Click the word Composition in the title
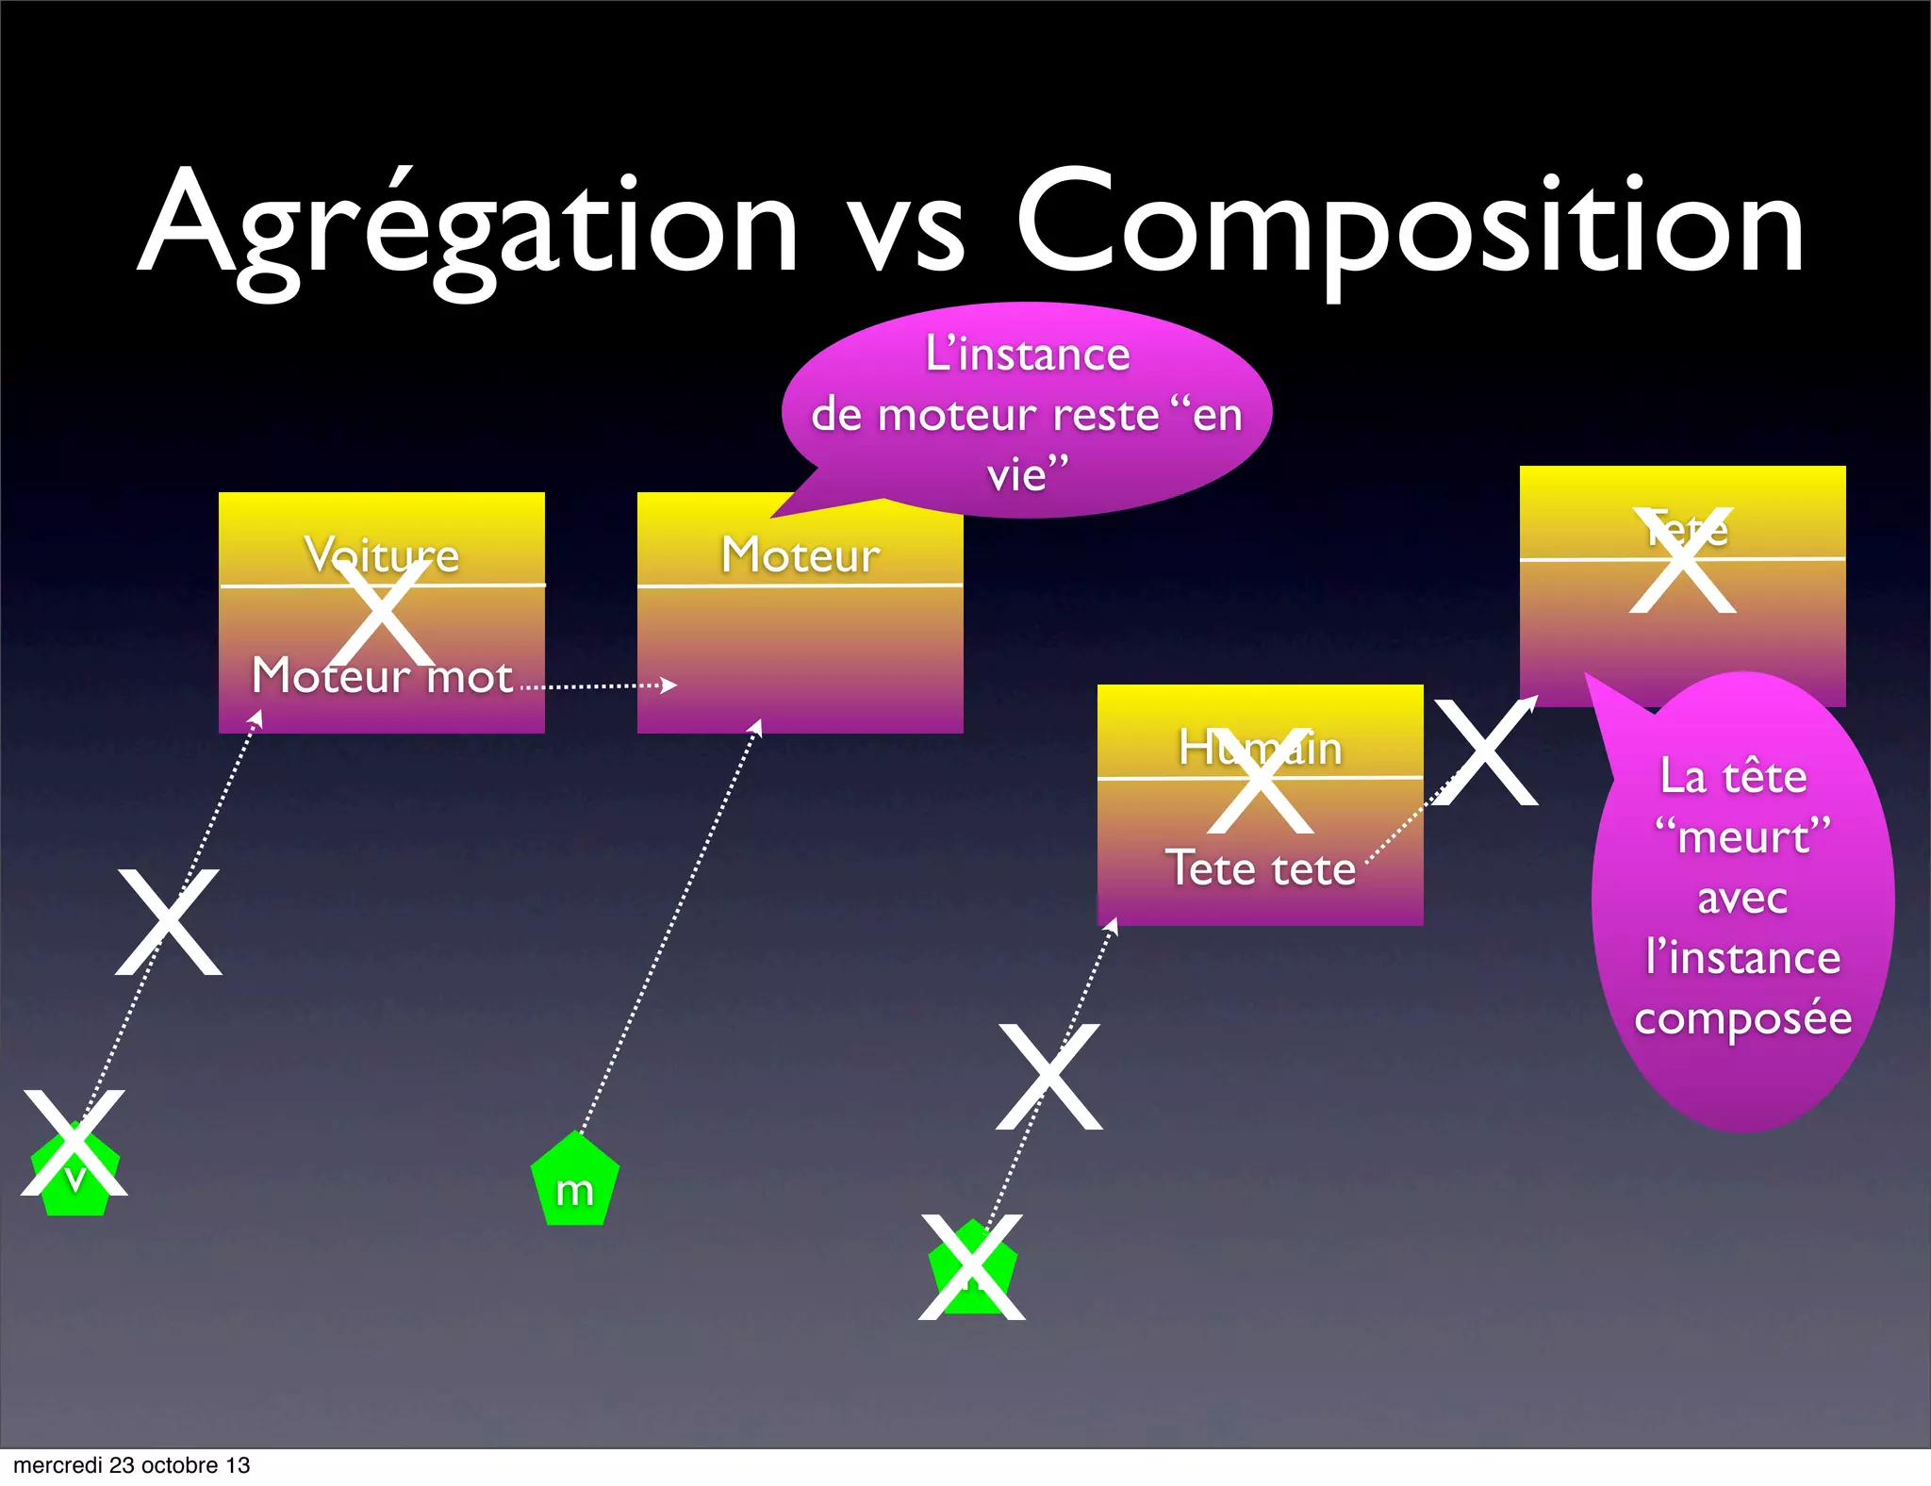pos(1410,226)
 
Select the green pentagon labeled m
pos(574,1182)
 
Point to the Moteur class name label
pos(800,554)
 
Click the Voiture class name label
pos(382,554)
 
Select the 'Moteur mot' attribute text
pos(382,676)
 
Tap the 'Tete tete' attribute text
pos(1261,868)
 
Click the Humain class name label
pos(1261,749)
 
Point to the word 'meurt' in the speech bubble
pos(1743,837)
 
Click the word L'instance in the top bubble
pos(1028,355)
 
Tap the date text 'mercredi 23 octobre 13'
pos(132,1465)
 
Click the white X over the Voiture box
pos(382,613)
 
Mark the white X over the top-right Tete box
pos(1683,561)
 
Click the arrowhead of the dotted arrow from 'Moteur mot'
pos(669,685)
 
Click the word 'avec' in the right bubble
pos(1742,898)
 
